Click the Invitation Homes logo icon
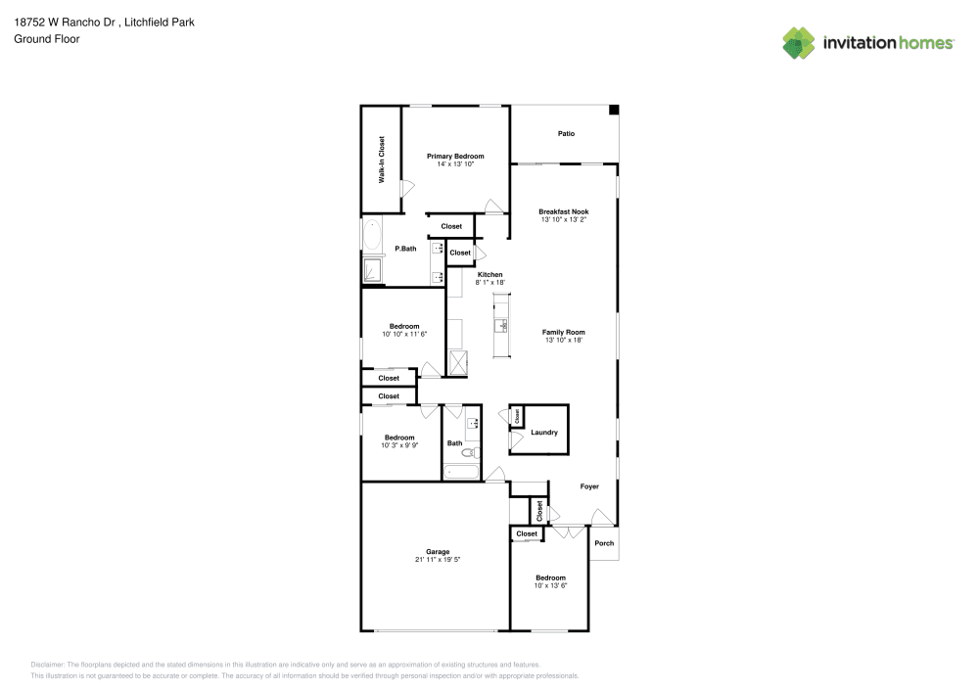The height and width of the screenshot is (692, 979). (x=799, y=42)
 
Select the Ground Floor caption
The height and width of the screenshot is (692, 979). (x=46, y=39)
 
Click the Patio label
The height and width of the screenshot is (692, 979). (x=566, y=133)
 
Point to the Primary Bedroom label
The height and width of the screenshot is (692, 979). (x=455, y=156)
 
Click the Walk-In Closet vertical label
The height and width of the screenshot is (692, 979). (x=382, y=160)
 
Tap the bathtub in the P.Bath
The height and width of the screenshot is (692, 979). (x=372, y=237)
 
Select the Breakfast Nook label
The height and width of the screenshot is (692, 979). (x=564, y=211)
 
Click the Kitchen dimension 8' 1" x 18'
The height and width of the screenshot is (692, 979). (x=489, y=282)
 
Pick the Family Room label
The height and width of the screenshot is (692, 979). (x=563, y=332)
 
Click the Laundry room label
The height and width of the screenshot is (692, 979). (x=543, y=433)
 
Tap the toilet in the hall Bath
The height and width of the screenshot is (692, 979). (x=470, y=452)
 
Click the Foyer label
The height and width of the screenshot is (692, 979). (x=589, y=486)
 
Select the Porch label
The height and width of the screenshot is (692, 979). (x=604, y=543)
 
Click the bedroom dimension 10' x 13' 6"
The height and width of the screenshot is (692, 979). (x=550, y=585)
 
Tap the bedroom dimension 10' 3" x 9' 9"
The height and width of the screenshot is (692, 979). (x=399, y=445)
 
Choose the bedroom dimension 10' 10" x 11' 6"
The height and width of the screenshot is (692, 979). (x=404, y=334)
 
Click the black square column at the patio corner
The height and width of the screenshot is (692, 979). (x=614, y=111)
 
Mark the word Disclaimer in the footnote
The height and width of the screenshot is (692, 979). (x=47, y=664)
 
